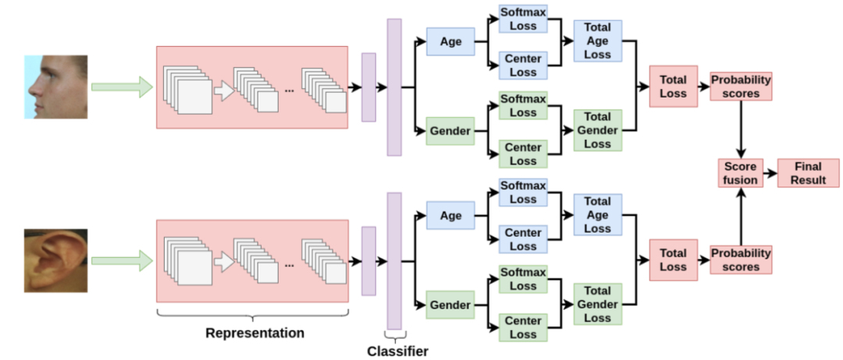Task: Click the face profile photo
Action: click(x=55, y=86)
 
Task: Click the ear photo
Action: click(x=55, y=260)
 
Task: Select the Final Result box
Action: click(x=808, y=173)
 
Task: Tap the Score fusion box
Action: click(x=740, y=173)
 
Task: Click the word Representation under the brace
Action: click(x=254, y=333)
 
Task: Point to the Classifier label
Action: click(x=397, y=351)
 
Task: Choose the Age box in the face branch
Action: click(x=450, y=41)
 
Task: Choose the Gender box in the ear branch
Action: click(x=450, y=305)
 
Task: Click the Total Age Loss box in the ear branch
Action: click(x=597, y=215)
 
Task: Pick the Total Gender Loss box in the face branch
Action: click(x=597, y=130)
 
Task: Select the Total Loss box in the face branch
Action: click(x=673, y=86)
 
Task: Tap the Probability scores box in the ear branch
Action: click(x=740, y=260)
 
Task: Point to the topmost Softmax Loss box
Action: click(x=523, y=20)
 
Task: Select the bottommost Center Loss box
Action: click(x=523, y=327)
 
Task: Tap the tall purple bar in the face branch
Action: click(x=394, y=87)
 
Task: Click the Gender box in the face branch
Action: click(x=450, y=131)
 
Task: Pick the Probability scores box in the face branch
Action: click(x=740, y=86)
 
